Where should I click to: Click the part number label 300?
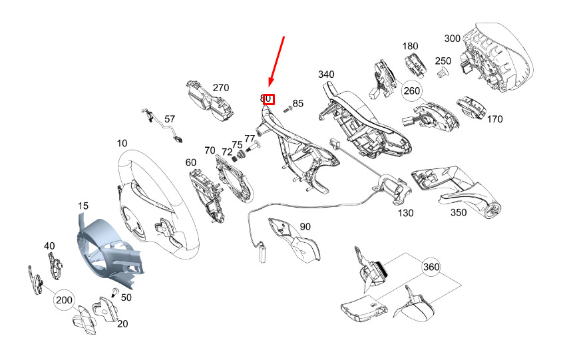pos(453,39)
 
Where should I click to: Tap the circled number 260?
pos(413,90)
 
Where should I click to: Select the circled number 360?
pos(431,267)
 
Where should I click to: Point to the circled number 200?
pos(64,300)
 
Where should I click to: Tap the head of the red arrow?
pos(270,87)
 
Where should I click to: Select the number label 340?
pos(326,74)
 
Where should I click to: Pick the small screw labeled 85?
pos(287,106)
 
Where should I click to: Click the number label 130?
pos(405,214)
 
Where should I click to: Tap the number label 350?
pos(459,213)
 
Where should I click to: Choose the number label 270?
pos(220,88)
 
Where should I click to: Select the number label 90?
pos(305,227)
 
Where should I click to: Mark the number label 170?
pos(494,120)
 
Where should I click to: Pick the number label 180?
pos(411,47)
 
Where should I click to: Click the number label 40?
pos(49,246)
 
